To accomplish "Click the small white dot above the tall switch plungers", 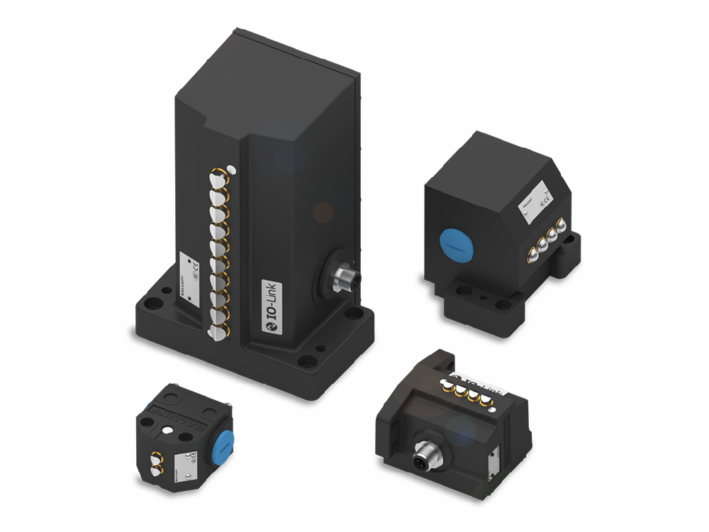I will point(232,170).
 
